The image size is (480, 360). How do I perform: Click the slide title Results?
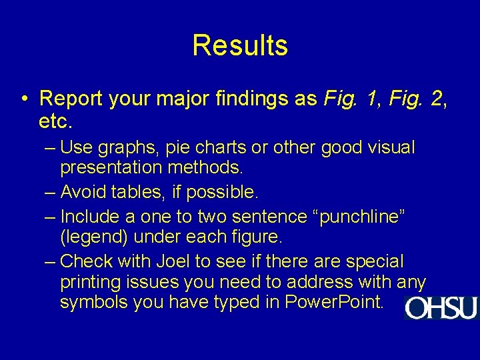[x=240, y=45]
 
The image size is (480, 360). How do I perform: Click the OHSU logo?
[x=441, y=307]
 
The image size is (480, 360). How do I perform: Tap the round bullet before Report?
[x=23, y=99]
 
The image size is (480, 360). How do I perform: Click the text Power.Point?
[x=334, y=303]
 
